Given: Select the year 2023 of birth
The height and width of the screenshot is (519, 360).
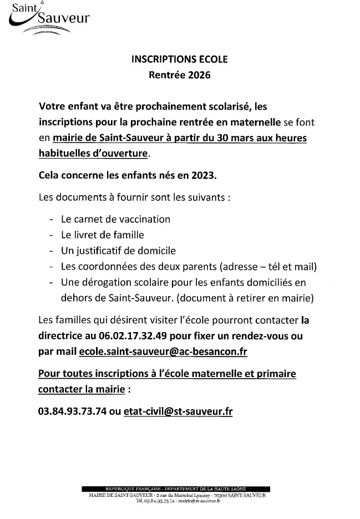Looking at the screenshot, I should coord(204,175).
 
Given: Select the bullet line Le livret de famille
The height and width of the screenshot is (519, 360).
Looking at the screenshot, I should coord(103,235).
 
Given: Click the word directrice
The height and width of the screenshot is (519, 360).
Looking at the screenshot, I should coord(63,336).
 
